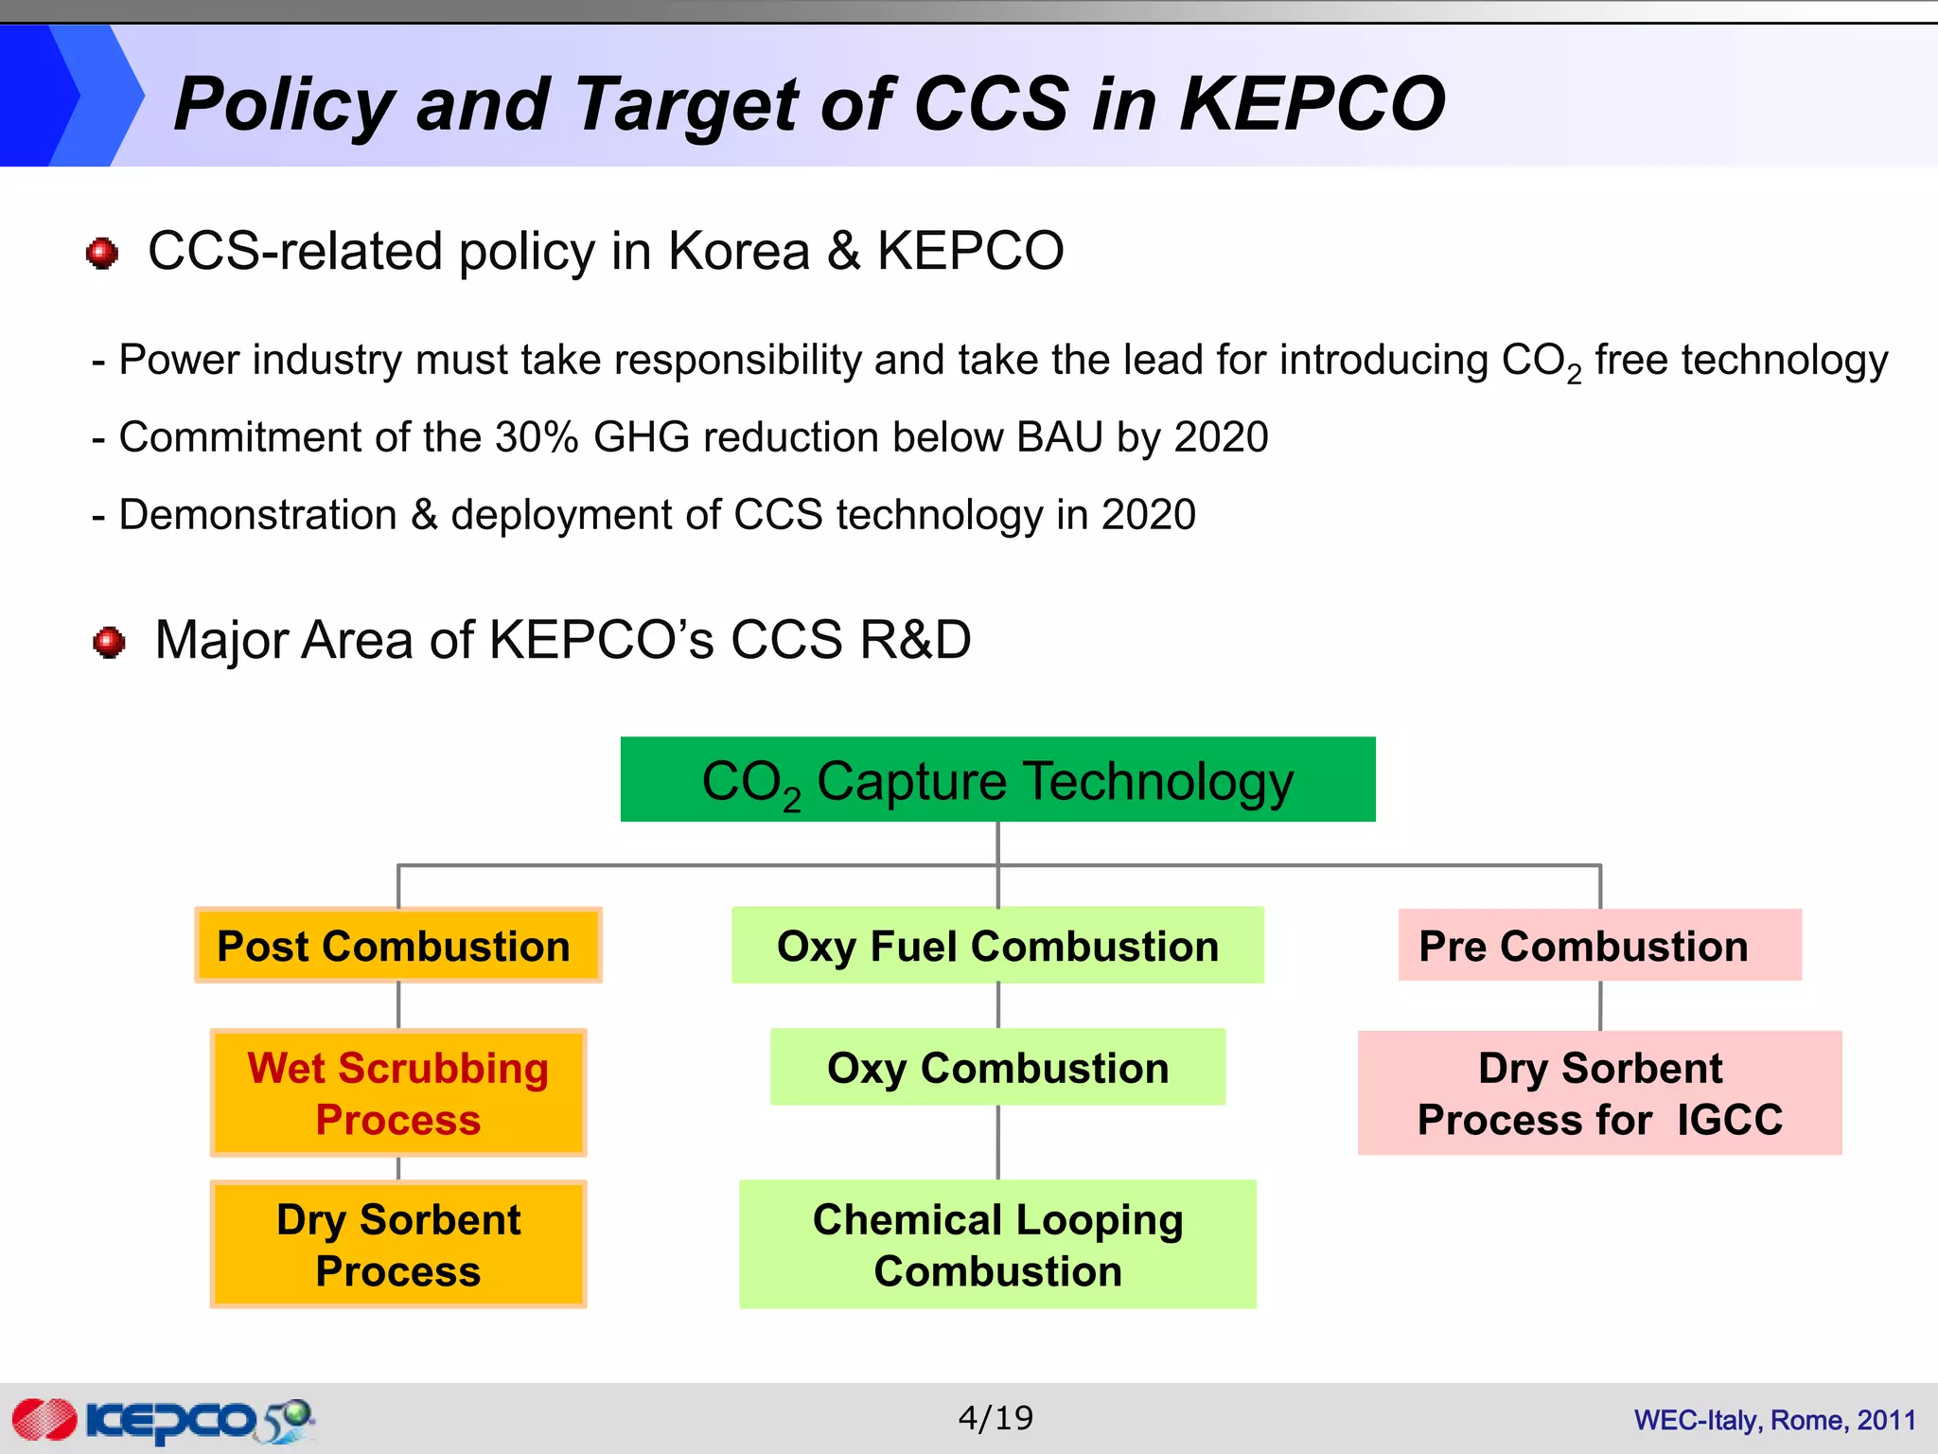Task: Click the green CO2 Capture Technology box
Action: pos(997,779)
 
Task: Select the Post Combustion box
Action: pos(397,946)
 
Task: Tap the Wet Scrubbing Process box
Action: pos(397,1092)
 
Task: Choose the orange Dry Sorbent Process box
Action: pos(397,1244)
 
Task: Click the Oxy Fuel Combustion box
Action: pos(997,946)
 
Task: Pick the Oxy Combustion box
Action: pos(997,1067)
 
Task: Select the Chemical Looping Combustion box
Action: pos(997,1244)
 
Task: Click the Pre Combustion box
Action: pos(1599,946)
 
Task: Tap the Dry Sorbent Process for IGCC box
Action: pos(1599,1092)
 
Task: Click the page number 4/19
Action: pos(995,1418)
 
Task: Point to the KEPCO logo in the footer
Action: pos(161,1420)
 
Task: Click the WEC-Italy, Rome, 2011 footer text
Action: pos(1774,1420)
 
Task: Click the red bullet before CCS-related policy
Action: pos(102,253)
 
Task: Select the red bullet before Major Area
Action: pos(109,642)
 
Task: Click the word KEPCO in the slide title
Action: pos(1312,104)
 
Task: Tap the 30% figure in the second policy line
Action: pos(536,437)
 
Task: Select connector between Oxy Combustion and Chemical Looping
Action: pos(997,1142)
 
